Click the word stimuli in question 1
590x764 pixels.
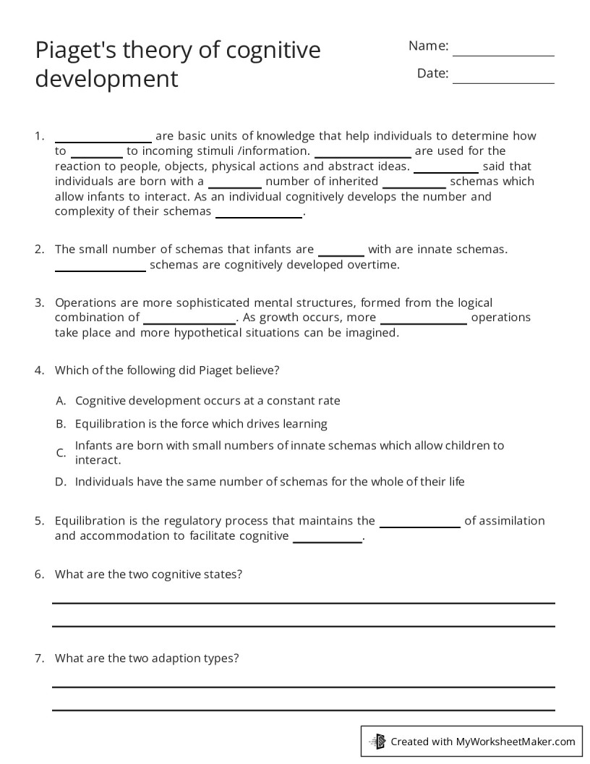(x=221, y=151)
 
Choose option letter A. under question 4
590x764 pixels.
(x=61, y=401)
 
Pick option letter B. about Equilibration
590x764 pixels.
(x=61, y=424)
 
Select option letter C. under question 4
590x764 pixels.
(x=61, y=453)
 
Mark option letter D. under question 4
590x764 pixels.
(x=61, y=482)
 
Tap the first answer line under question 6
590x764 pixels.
(x=303, y=602)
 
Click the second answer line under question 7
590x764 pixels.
(x=303, y=710)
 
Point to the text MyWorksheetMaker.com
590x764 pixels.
(x=516, y=742)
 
